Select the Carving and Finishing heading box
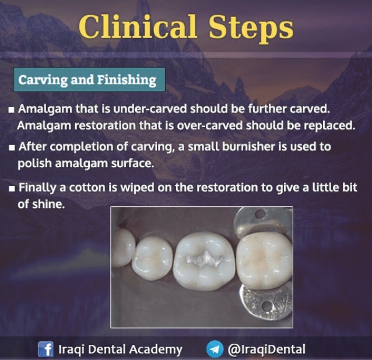click(88, 80)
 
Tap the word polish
click(34, 163)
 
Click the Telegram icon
click(214, 350)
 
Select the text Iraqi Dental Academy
click(120, 350)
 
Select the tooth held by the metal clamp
click(264, 260)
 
